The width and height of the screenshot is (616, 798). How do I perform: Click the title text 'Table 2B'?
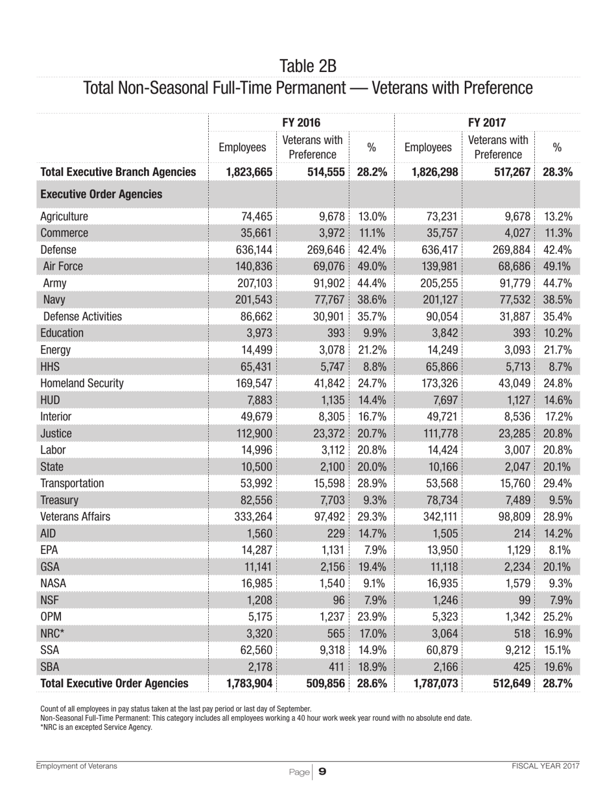pos(308,66)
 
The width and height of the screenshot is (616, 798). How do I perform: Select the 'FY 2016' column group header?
pos(302,121)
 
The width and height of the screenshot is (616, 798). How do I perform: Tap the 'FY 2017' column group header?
pos(487,121)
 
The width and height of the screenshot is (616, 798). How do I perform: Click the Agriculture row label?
pos(64,217)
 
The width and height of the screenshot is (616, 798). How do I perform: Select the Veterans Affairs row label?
pos(75,516)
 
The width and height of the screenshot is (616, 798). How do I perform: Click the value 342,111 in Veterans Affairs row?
pos(438,516)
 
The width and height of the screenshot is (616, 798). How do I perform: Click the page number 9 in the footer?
pos(322,771)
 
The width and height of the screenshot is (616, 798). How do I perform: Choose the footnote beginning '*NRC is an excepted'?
pos(96,727)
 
